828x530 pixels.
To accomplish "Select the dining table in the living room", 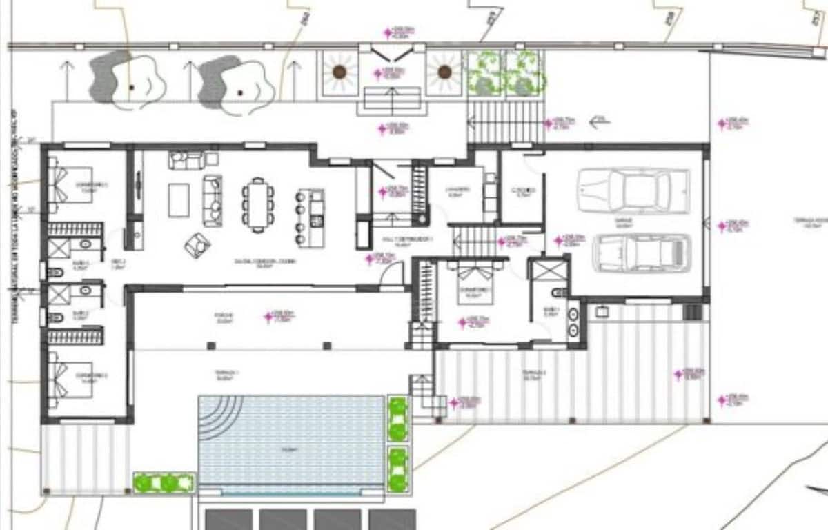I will (257, 204).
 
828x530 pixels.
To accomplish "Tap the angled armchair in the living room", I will (197, 244).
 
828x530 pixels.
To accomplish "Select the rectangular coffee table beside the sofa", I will (179, 200).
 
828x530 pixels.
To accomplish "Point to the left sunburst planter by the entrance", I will (339, 71).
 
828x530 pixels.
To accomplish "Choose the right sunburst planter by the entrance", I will (444, 71).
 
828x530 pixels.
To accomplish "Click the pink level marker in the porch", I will (268, 317).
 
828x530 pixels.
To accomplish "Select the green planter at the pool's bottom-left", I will (164, 482).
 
